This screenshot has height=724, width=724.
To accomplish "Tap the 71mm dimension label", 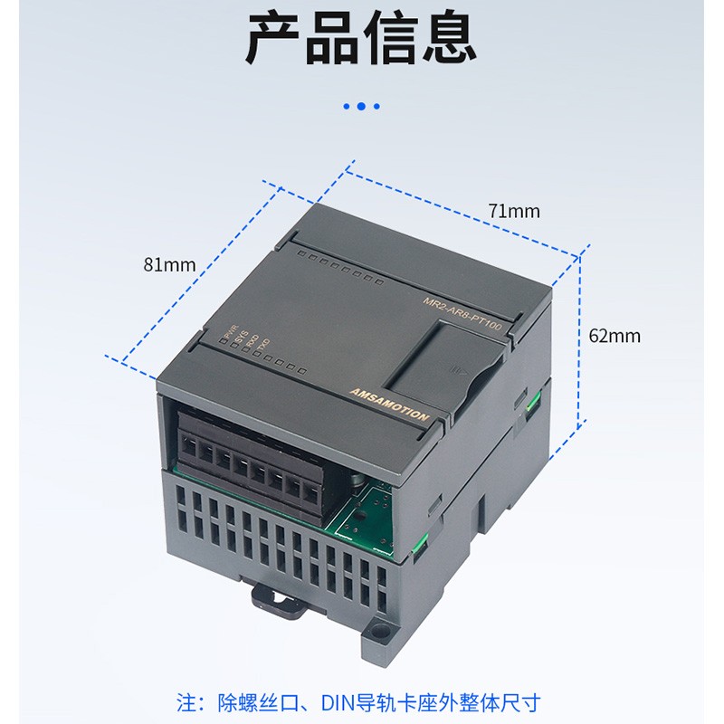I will click(513, 211).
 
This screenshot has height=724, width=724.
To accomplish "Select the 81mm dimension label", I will click(168, 264).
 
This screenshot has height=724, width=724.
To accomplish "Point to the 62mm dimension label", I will click(614, 336).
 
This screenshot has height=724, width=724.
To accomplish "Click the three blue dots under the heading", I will click(361, 107).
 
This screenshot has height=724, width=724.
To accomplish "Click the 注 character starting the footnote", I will click(185, 701).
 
